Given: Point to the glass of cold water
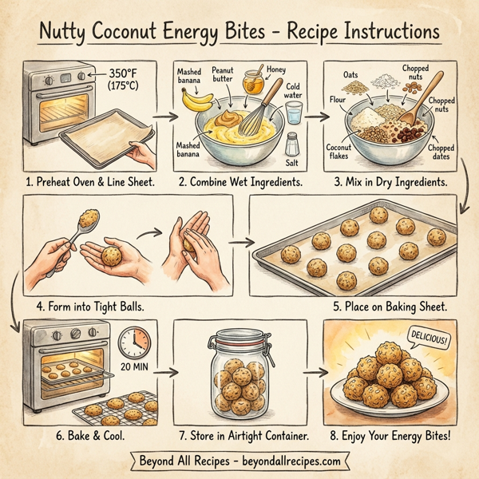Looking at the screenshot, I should pyautogui.click(x=294, y=111).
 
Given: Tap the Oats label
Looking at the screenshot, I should pyautogui.click(x=351, y=76).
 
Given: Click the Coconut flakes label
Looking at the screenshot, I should pyautogui.click(x=340, y=151).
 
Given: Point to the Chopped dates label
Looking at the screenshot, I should pyautogui.click(x=441, y=152).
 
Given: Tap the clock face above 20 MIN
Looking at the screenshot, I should pyautogui.click(x=134, y=342).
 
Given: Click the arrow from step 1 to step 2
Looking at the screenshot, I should pyautogui.click(x=164, y=117).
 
